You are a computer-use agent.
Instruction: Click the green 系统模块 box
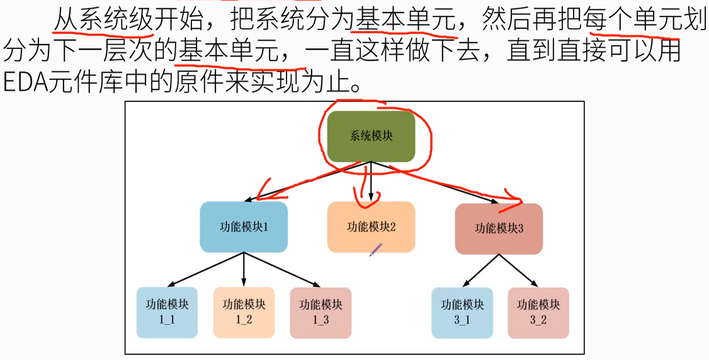point(371,136)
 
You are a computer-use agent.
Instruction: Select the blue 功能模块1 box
point(244,227)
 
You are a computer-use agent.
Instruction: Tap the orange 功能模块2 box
point(371,227)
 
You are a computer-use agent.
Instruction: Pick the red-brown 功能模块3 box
point(499,228)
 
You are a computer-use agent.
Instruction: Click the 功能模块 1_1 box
point(167,312)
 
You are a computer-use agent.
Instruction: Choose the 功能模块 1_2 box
point(244,312)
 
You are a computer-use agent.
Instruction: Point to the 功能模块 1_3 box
point(320,312)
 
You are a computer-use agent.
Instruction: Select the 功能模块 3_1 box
point(462,312)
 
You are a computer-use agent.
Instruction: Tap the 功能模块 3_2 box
point(538,312)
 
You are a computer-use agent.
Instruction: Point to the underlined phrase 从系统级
point(103,21)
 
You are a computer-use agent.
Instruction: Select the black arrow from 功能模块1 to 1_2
point(244,269)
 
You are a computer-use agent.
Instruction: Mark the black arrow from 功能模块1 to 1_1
point(205,269)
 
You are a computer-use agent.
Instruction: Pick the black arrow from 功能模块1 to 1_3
point(282,269)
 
